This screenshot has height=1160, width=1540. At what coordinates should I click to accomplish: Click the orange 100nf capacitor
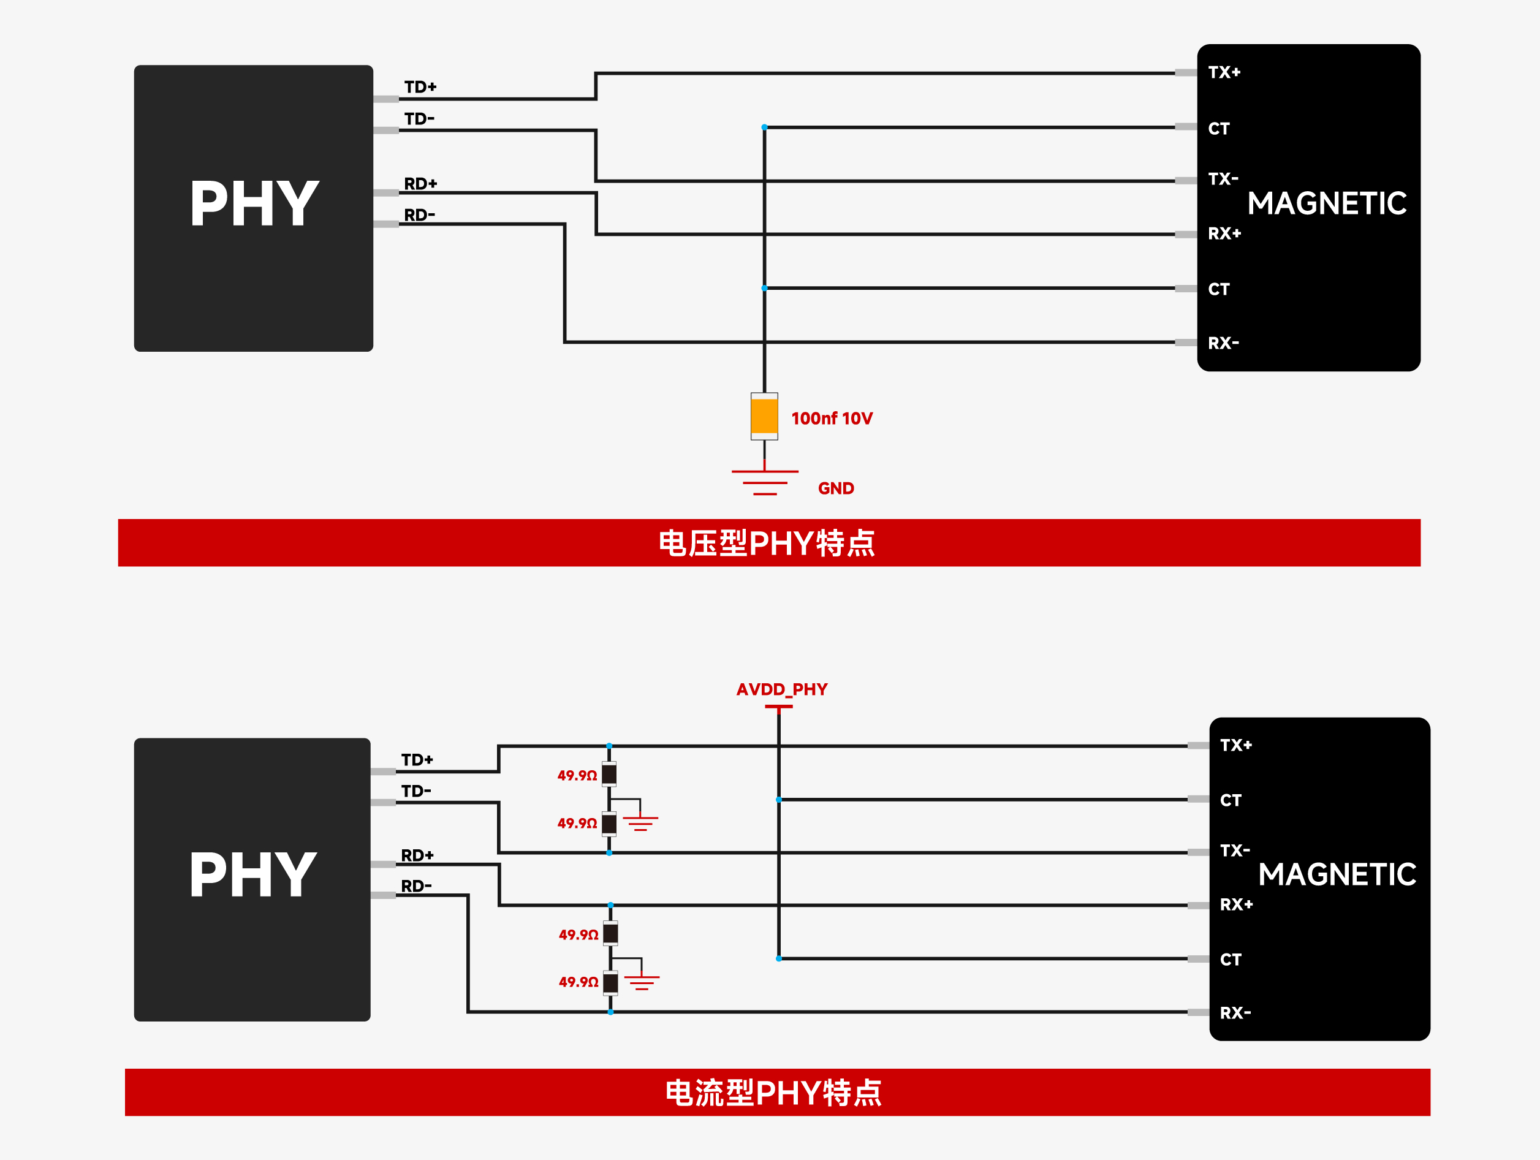tap(764, 416)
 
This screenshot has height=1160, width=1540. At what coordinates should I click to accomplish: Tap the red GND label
tap(835, 488)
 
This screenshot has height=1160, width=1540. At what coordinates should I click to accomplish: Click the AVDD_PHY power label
tap(782, 689)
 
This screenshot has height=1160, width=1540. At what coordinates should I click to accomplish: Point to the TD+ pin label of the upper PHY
tap(420, 87)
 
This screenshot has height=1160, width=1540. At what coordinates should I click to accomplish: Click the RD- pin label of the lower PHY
tap(416, 885)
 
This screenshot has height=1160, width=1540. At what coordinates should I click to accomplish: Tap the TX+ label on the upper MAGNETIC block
tap(1224, 72)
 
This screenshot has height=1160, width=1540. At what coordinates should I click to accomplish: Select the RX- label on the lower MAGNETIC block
tap(1235, 1012)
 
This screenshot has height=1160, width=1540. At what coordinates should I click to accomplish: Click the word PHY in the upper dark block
tap(254, 203)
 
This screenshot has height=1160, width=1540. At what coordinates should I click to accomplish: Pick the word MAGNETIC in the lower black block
tap(1337, 874)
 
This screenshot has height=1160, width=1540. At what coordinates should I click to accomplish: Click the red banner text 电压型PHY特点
tap(767, 543)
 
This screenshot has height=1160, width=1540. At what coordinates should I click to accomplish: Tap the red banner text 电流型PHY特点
tap(773, 1093)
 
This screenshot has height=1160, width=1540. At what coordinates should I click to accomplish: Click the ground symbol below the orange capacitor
tap(764, 482)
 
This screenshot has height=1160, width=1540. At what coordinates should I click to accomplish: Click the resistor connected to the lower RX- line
tap(610, 982)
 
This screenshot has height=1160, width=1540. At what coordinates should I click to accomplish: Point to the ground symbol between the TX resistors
tap(640, 823)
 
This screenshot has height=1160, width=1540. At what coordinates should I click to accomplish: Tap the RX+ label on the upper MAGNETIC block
tap(1224, 233)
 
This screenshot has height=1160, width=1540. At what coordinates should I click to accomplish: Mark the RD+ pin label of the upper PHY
tap(420, 184)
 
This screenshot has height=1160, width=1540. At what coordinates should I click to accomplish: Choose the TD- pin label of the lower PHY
tap(416, 791)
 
